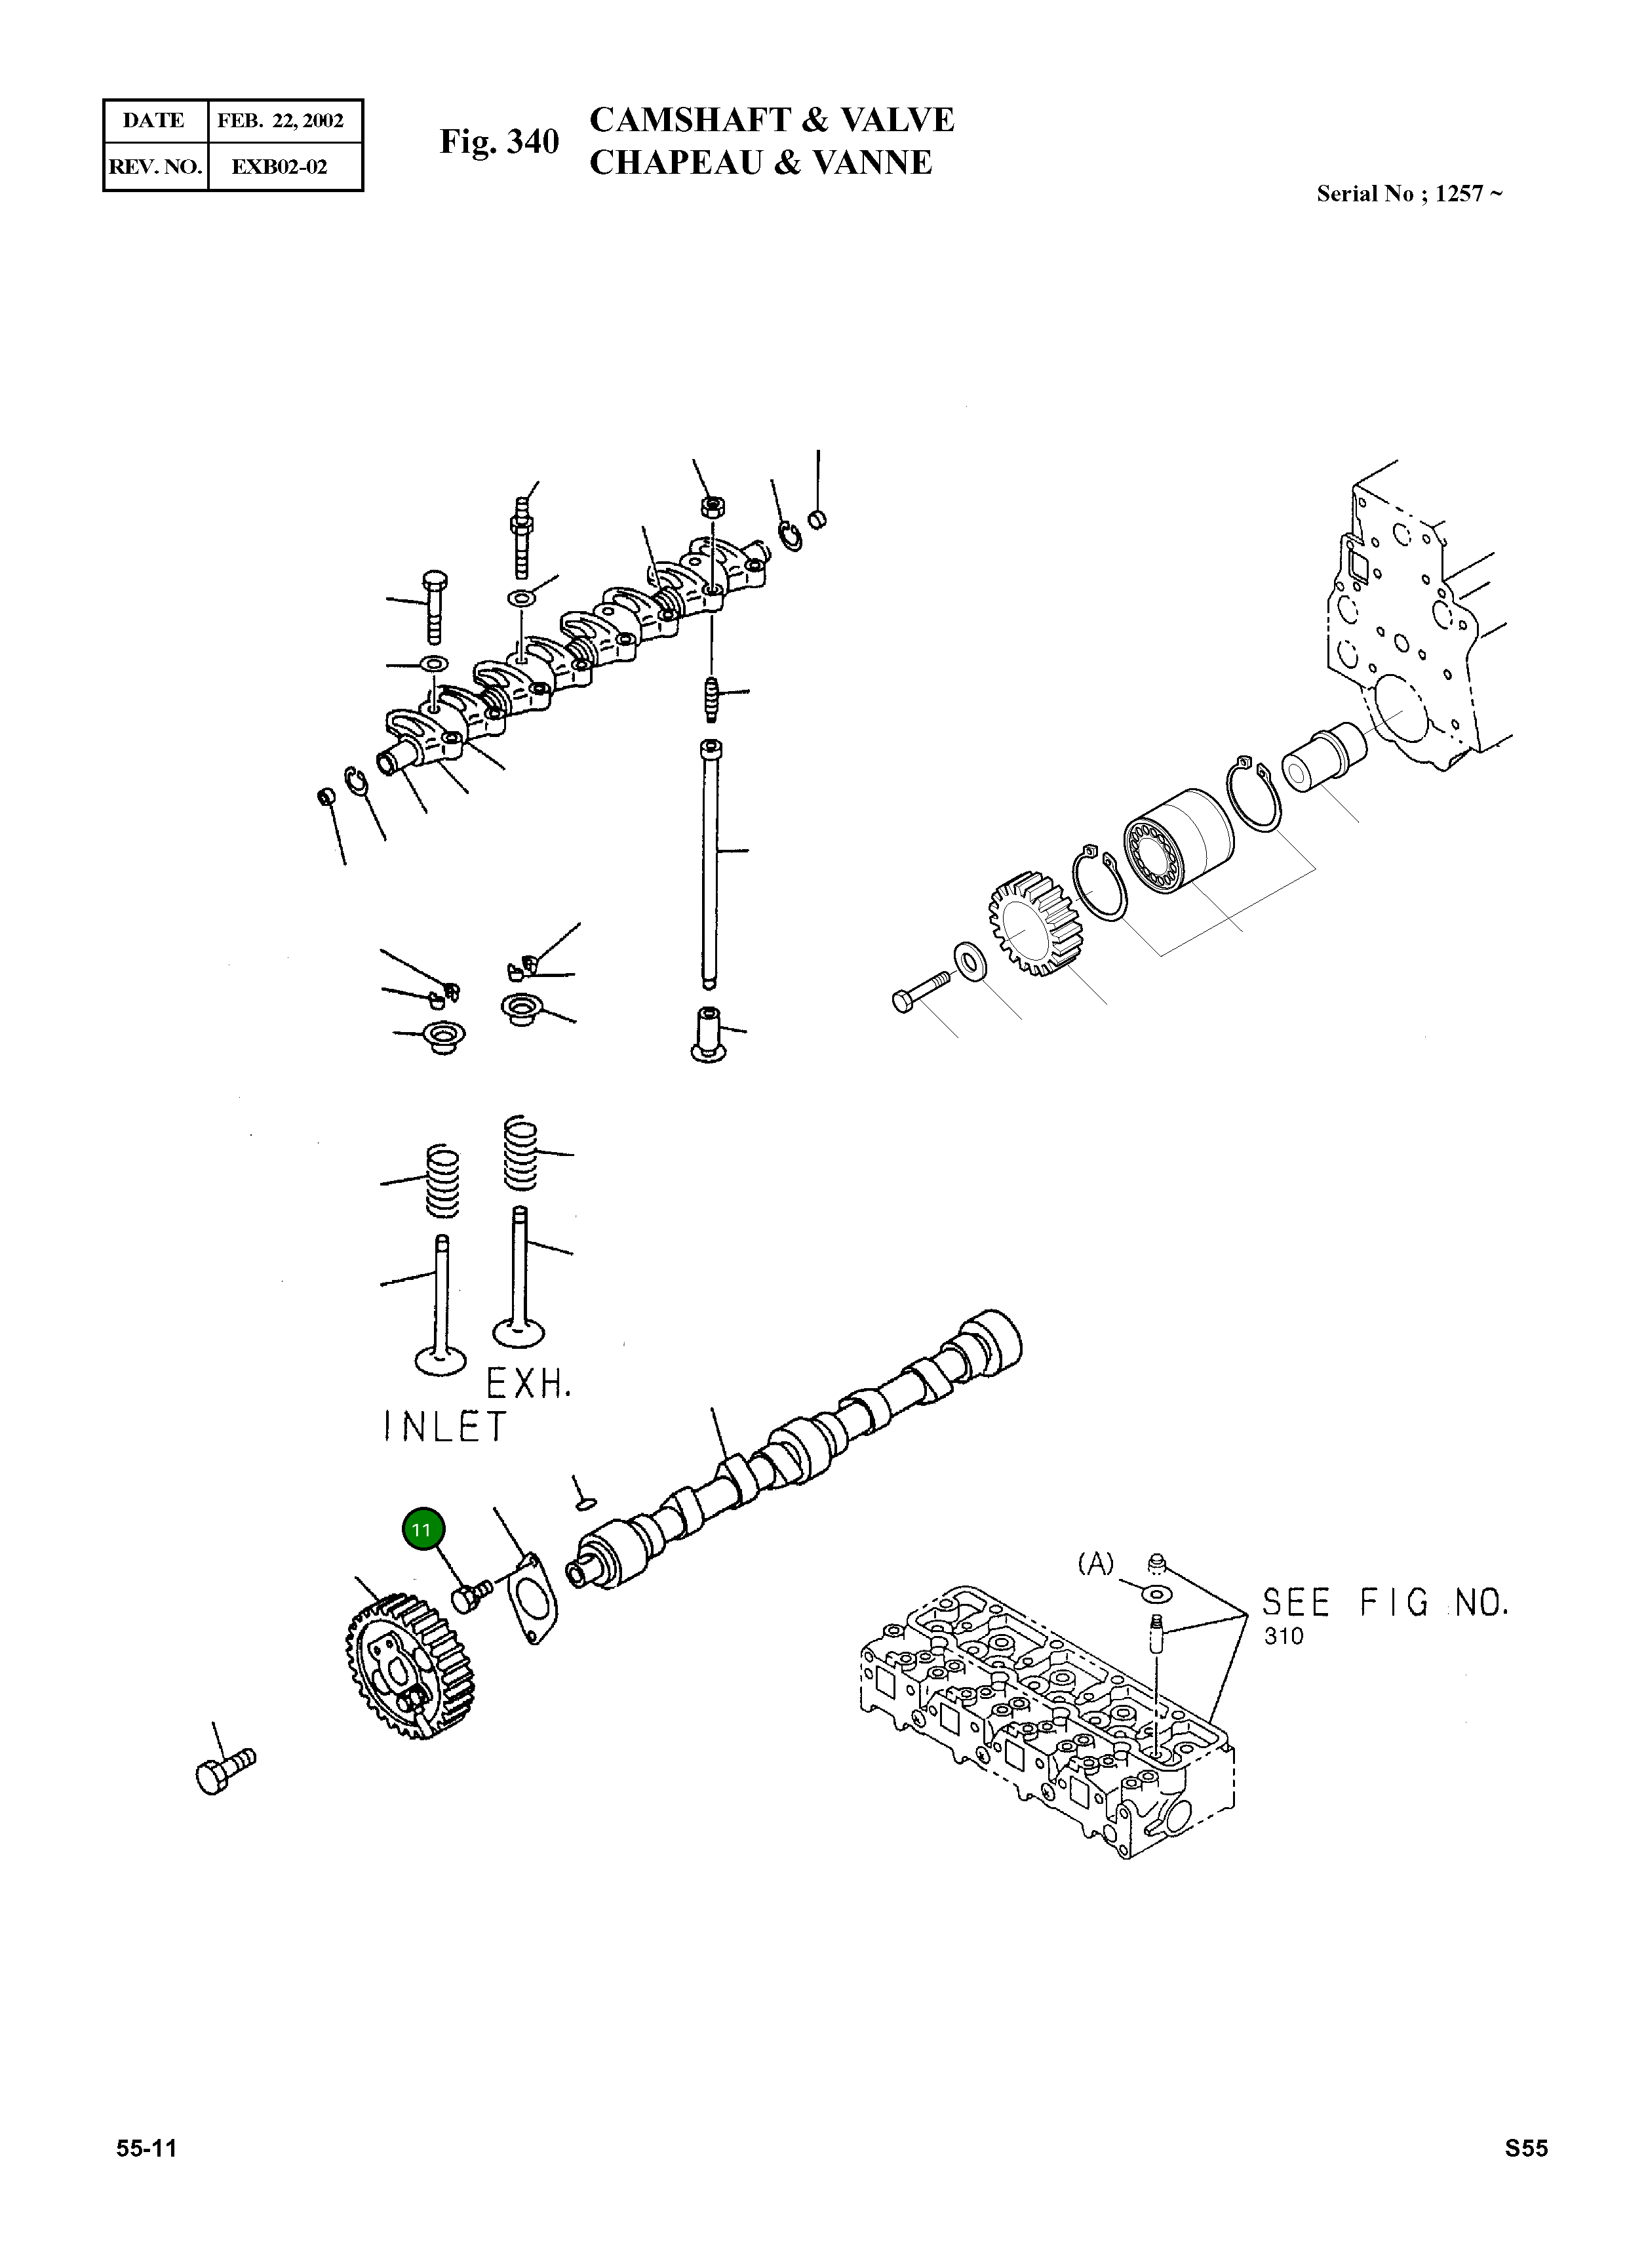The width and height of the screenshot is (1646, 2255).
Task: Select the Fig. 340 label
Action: (x=500, y=142)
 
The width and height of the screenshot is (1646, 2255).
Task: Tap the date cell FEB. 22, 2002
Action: (x=281, y=121)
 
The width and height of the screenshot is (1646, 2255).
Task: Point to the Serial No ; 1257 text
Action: (x=1409, y=194)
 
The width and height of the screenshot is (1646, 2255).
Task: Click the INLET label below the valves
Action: (x=445, y=1427)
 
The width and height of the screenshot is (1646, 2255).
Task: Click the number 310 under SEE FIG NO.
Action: (x=1283, y=1636)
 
